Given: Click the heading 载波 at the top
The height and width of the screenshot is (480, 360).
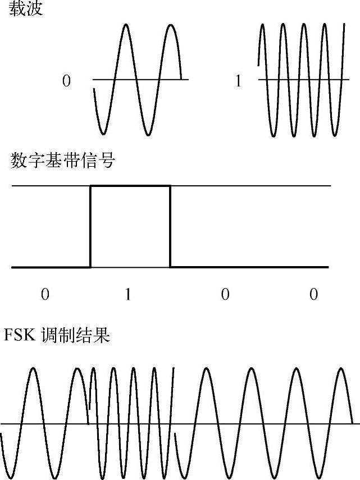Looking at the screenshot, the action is click(x=26, y=10).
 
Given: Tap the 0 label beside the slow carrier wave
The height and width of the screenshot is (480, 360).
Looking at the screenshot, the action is click(x=66, y=81).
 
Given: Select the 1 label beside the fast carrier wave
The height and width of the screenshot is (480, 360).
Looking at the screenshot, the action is click(x=238, y=81).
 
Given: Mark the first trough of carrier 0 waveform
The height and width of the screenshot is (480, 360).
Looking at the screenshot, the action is click(x=103, y=134).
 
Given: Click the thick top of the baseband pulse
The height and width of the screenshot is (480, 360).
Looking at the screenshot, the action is click(x=130, y=185).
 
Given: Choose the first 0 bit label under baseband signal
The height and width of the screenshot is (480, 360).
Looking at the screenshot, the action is click(x=44, y=294).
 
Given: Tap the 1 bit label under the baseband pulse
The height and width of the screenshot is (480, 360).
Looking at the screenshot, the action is click(x=128, y=294).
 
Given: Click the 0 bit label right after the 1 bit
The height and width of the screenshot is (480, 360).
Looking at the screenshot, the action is click(x=225, y=294).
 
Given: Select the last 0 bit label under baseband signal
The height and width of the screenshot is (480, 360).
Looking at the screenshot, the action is click(x=313, y=294).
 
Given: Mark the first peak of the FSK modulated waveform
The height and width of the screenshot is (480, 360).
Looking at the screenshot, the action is click(x=34, y=369).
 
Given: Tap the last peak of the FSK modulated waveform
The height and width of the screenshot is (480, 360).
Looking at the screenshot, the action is click(x=341, y=369).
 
